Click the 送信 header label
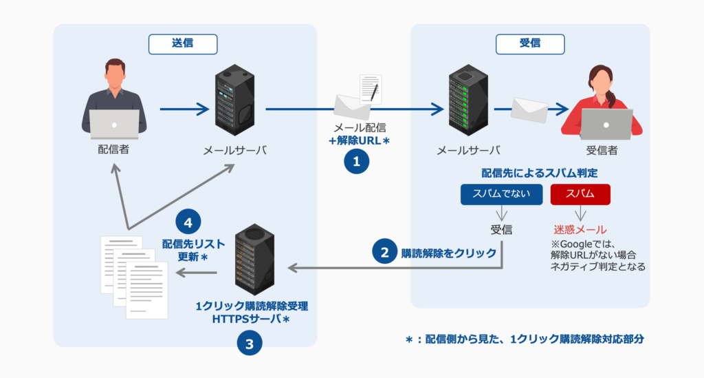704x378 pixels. pos(182,43)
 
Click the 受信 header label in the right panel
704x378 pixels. pos(529,43)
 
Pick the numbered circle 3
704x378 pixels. pos(250,342)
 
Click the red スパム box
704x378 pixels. pos(580,193)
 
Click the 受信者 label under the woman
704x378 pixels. pos(602,149)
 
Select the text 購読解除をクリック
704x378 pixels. pos(448,253)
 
